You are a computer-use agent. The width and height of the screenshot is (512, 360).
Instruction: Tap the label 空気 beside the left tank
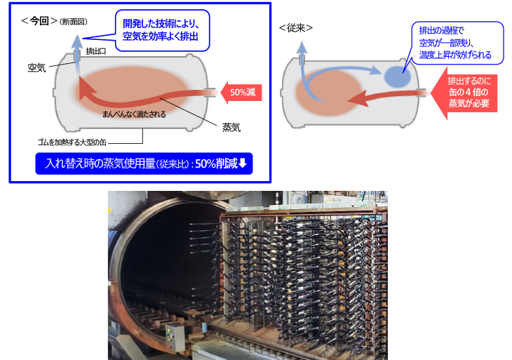tap(36, 67)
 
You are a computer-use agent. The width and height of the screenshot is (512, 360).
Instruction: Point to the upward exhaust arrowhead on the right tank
tap(302, 48)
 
